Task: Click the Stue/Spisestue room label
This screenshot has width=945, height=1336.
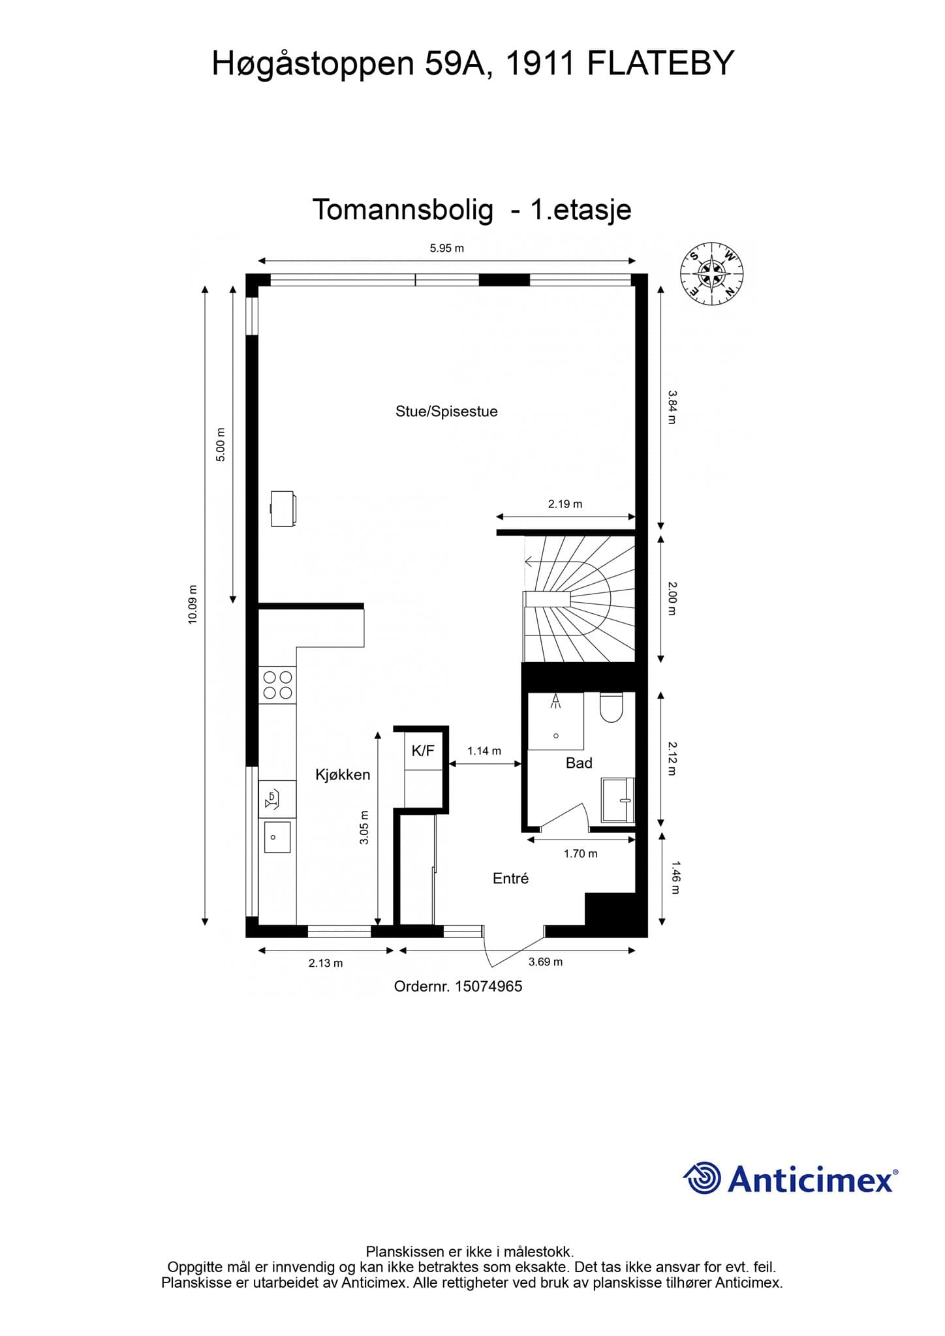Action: [x=446, y=412]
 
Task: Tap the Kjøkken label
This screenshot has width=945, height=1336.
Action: [x=343, y=774]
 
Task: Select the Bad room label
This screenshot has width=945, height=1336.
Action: [x=579, y=763]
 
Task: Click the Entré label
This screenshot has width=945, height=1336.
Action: [x=510, y=879]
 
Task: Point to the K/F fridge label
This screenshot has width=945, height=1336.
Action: [x=423, y=751]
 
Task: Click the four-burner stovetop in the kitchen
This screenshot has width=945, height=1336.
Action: [x=277, y=685]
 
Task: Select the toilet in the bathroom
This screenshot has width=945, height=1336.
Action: [x=612, y=708]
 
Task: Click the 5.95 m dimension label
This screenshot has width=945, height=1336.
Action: [x=446, y=248]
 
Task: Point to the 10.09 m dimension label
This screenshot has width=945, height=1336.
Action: [x=193, y=605]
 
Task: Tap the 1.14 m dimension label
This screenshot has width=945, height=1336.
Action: [x=484, y=751]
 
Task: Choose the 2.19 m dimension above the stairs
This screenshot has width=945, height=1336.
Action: [x=565, y=504]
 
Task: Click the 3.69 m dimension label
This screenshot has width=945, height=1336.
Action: [x=546, y=962]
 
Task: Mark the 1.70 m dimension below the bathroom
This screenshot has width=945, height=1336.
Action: [x=581, y=853]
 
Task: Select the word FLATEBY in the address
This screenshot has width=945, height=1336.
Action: [x=661, y=64]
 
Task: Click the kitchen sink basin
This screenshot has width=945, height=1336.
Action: [x=277, y=838]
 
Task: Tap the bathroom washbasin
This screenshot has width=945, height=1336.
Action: [x=617, y=800]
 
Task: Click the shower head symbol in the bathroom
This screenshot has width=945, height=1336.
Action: [x=556, y=701]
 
